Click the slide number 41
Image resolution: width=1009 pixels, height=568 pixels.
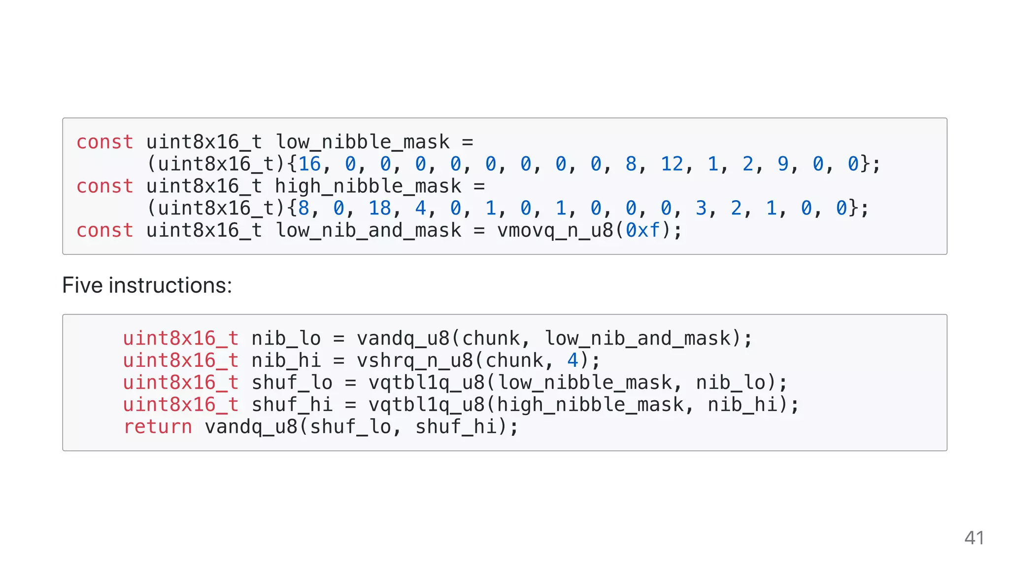pyautogui.click(x=974, y=538)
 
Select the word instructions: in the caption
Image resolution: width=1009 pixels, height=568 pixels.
pyautogui.click(x=170, y=285)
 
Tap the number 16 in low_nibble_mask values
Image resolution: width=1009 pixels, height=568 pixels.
pyautogui.click(x=309, y=164)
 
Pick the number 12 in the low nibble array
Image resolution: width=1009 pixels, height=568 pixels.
pyautogui.click(x=672, y=164)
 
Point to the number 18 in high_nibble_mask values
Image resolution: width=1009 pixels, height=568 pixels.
pyautogui.click(x=380, y=208)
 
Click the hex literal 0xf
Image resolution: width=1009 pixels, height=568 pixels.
pyautogui.click(x=642, y=230)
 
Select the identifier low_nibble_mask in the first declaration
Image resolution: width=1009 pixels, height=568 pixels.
pyautogui.click(x=363, y=142)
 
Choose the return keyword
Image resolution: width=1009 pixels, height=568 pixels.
pyautogui.click(x=158, y=426)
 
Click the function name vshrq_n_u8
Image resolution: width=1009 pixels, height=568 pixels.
pyautogui.click(x=415, y=360)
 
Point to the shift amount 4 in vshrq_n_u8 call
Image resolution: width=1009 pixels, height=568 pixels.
pyautogui.click(x=572, y=360)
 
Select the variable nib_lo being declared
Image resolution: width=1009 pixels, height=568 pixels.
pyautogui.click(x=286, y=339)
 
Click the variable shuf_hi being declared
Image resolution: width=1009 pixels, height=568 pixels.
pyautogui.click(x=292, y=405)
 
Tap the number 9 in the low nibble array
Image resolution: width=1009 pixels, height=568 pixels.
pyautogui.click(x=783, y=164)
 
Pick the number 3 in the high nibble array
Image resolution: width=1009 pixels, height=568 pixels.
pyautogui.click(x=701, y=208)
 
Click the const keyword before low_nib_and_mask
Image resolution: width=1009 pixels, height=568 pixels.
pyautogui.click(x=105, y=230)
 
